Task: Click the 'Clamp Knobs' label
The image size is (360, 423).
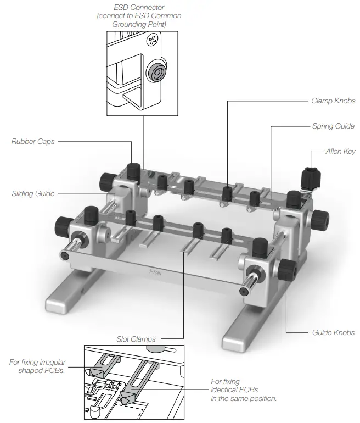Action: pos(333,101)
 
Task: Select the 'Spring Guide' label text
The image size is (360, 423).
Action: pos(333,126)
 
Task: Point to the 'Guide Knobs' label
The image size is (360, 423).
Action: pos(333,332)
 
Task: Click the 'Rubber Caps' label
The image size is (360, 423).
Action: pos(32,142)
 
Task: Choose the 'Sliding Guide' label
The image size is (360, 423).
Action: pos(32,194)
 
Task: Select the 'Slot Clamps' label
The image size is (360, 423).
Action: pos(136,338)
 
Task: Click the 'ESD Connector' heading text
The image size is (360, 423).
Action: pos(139,7)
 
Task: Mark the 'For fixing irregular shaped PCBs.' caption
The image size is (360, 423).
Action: pos(38,366)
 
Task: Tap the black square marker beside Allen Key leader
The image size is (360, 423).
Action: pos(311,151)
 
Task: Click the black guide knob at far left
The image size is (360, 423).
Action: pos(62,225)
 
